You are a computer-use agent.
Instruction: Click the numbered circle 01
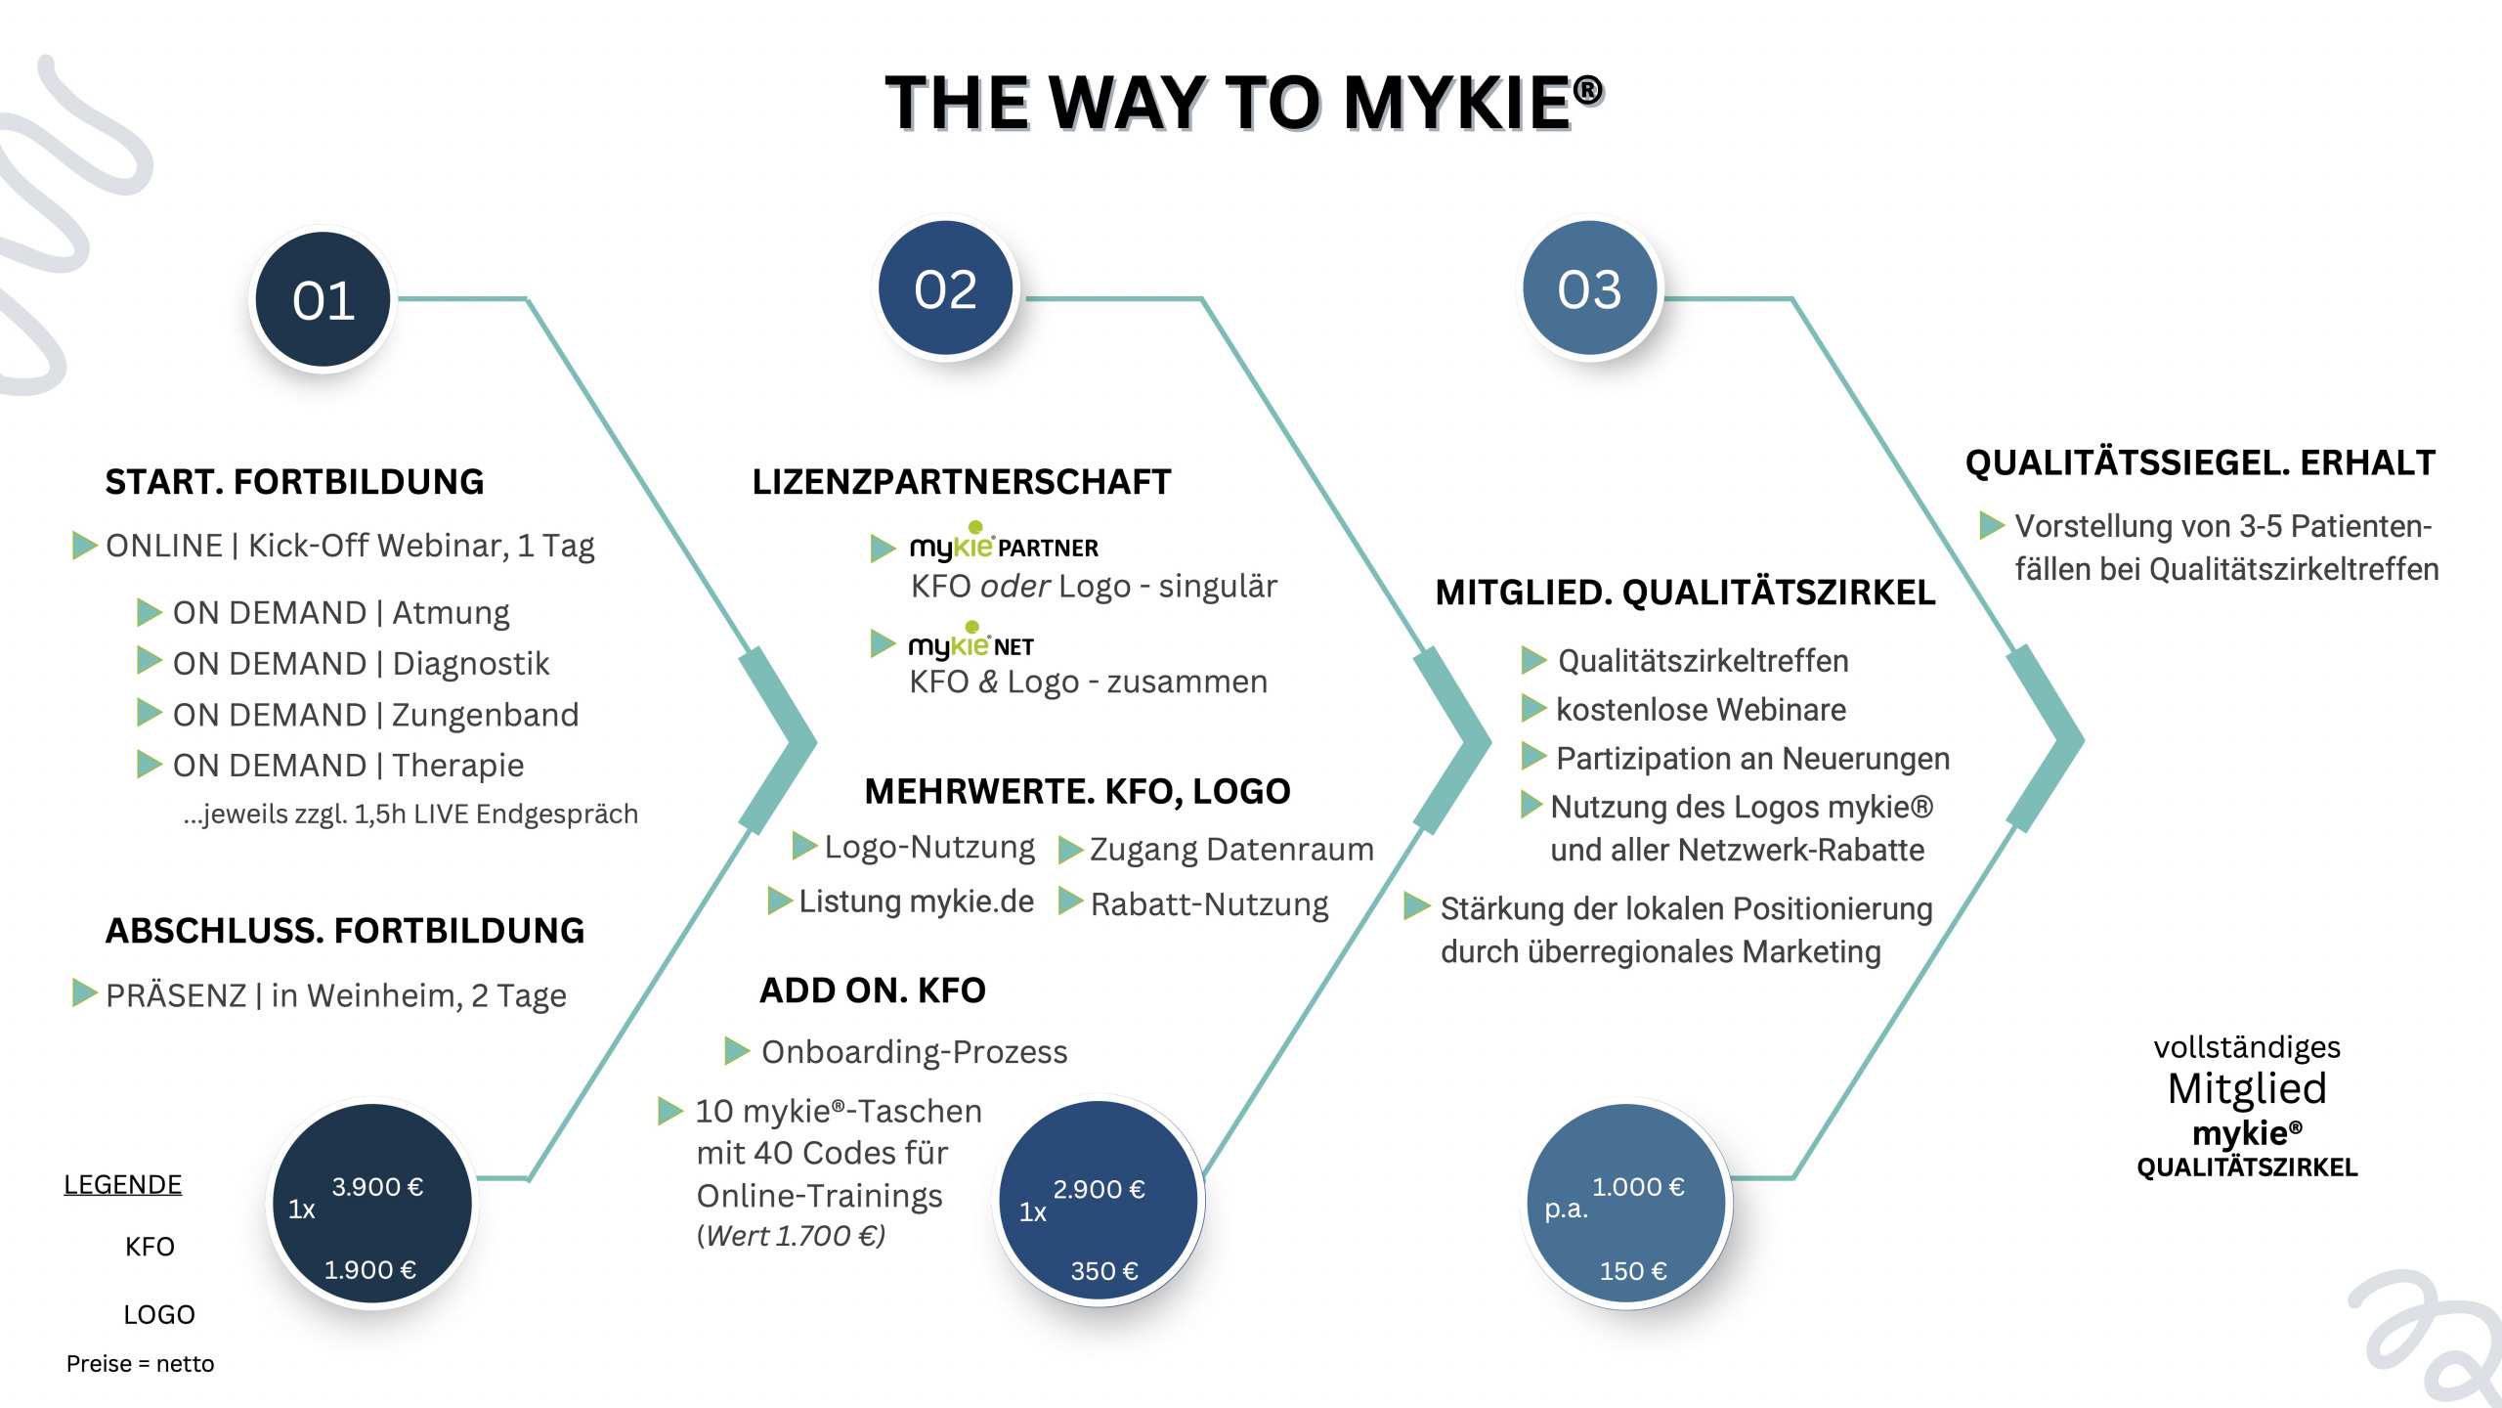point(324,300)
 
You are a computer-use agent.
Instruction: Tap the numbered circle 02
point(945,289)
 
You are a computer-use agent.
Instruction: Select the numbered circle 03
point(1589,289)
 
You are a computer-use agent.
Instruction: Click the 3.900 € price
point(377,1187)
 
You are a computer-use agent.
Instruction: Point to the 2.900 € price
point(1099,1190)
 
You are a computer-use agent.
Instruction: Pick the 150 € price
point(1632,1271)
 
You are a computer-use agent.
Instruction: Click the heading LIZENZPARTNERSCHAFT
point(961,482)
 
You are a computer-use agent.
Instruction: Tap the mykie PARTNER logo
point(1004,546)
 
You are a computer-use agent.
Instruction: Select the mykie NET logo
point(971,644)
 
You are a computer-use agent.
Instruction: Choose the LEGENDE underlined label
point(123,1185)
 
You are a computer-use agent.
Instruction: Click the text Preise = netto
point(140,1364)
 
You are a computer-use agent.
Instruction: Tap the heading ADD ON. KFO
point(873,990)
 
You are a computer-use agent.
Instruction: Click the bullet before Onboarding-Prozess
point(737,1051)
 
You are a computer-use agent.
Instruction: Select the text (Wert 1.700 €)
point(791,1236)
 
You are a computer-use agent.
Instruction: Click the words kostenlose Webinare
point(1701,710)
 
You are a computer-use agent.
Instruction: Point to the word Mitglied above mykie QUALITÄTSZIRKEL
point(2246,1088)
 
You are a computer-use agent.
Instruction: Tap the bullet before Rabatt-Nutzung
point(1070,901)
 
